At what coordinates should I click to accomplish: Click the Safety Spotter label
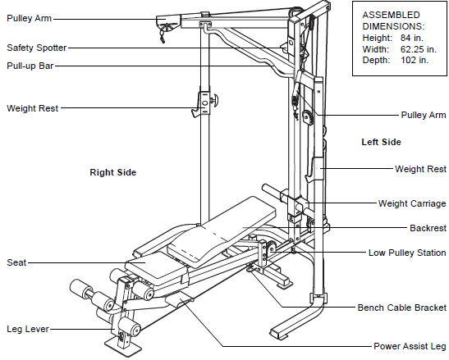pos(37,48)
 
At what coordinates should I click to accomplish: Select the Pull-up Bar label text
pos(31,66)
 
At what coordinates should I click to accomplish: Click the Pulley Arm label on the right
pos(423,116)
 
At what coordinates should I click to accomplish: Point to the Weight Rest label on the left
pos(32,108)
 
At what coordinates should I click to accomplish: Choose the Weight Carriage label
pos(412,203)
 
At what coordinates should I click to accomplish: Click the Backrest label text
pos(428,227)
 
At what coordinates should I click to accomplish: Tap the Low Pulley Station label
pos(407,253)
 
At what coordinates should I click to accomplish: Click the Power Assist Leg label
pos(410,346)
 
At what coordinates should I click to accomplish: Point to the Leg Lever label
pos(27,329)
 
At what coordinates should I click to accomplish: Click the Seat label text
pos(16,262)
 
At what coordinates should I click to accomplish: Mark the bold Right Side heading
pos(113,172)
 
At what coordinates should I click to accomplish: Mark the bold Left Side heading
pos(382,142)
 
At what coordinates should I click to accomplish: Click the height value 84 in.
pos(407,38)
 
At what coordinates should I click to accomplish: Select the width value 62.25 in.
pos(409,49)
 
